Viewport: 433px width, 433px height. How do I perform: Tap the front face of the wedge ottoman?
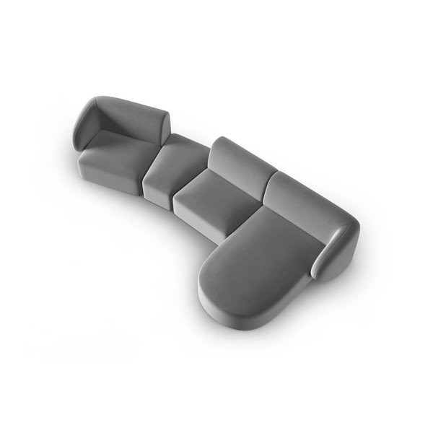[157, 189]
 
